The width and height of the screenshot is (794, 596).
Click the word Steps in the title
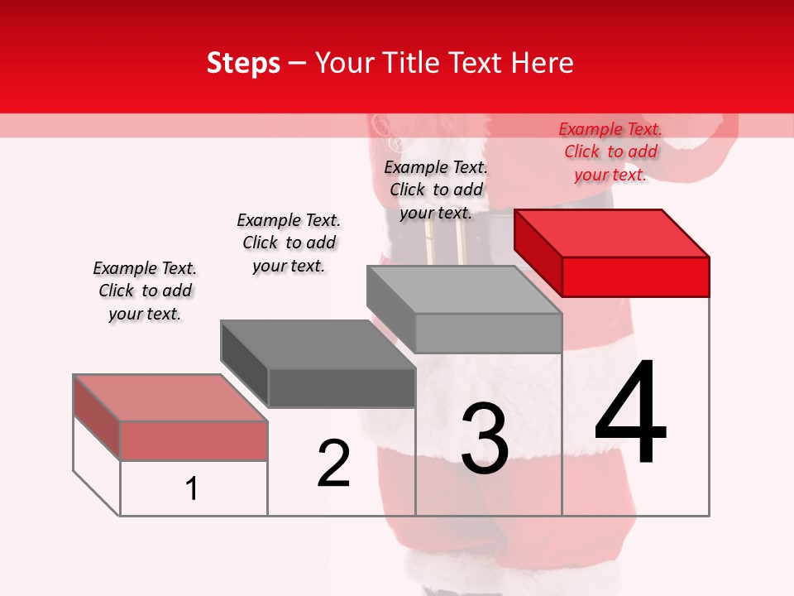(x=243, y=63)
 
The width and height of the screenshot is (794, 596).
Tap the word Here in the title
(x=543, y=63)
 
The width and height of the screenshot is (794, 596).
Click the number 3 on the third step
(x=485, y=439)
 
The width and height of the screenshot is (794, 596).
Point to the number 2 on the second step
(x=333, y=464)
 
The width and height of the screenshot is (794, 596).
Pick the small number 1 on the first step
(x=192, y=488)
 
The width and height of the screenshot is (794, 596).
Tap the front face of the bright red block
(x=635, y=276)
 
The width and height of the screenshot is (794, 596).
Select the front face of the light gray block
(x=488, y=333)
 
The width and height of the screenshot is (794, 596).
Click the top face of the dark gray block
(x=318, y=344)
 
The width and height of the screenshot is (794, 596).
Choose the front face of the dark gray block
(x=341, y=387)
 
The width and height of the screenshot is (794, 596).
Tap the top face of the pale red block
(x=170, y=397)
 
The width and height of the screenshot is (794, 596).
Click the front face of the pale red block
(x=194, y=440)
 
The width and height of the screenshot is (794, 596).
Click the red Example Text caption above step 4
(x=610, y=151)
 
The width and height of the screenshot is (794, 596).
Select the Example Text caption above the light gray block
(x=436, y=190)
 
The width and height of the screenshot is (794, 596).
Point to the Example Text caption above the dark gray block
(x=289, y=243)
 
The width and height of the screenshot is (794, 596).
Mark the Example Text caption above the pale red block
(x=145, y=291)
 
